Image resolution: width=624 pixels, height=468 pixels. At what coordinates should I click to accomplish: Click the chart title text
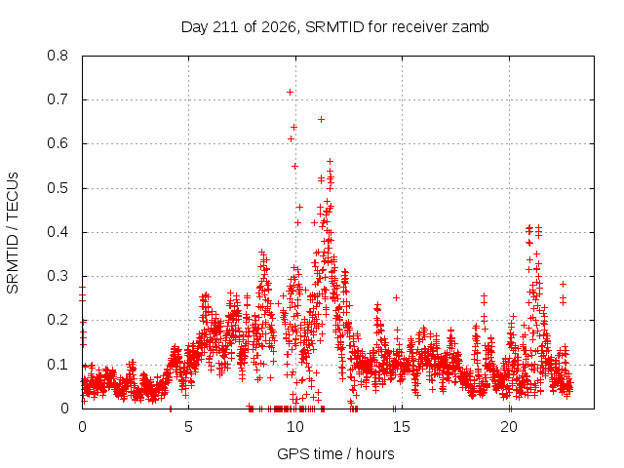point(334,27)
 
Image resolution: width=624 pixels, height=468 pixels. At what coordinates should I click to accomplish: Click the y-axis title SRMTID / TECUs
point(13,233)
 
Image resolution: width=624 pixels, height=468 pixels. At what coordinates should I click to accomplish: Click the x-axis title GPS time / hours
point(335,453)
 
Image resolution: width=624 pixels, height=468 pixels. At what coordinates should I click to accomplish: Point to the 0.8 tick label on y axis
point(58,56)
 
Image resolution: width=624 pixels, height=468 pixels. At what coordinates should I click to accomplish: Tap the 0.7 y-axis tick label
point(58,99)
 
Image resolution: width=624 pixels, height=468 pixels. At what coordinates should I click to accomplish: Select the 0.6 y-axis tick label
point(58,143)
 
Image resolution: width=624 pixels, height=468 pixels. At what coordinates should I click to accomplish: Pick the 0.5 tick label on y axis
point(58,188)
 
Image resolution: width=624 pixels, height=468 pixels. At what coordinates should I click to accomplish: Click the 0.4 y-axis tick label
point(58,232)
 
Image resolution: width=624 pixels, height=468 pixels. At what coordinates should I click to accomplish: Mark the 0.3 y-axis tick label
point(58,276)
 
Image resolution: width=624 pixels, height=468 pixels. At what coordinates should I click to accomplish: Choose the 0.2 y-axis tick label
point(58,321)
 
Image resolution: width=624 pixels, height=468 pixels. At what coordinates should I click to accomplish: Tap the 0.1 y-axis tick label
point(58,365)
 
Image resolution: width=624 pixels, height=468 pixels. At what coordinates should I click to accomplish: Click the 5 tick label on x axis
point(188,427)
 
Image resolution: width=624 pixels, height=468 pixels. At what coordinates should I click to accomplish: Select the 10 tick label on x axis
point(295,427)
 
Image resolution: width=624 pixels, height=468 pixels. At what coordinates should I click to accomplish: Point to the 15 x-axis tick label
point(402,427)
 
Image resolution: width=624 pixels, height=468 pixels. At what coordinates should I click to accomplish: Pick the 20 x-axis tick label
point(509,427)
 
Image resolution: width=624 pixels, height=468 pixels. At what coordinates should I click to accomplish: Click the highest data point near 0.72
point(291,93)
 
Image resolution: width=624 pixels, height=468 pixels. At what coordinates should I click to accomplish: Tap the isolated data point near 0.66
point(321,119)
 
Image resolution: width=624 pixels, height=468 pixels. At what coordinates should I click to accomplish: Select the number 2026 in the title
point(279,27)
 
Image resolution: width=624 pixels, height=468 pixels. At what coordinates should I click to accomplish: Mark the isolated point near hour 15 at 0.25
point(396,297)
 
